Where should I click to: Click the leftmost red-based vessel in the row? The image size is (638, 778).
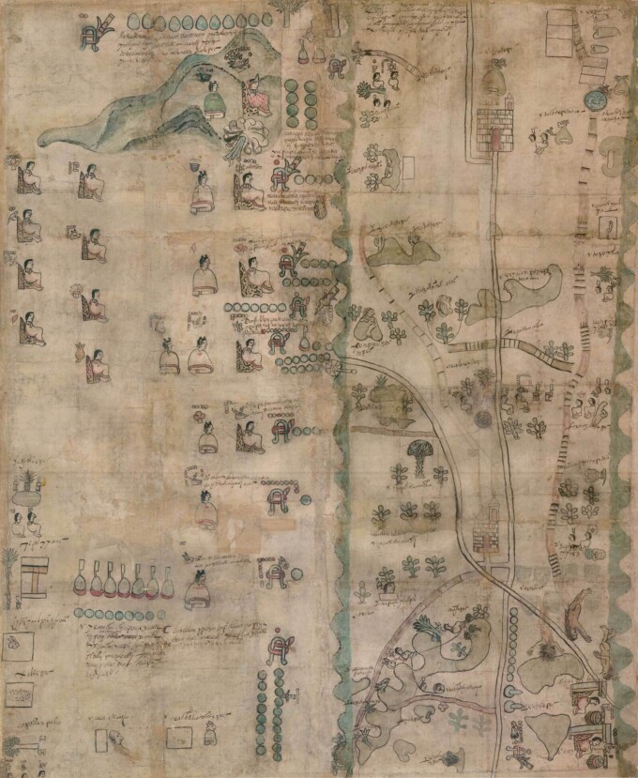pyautogui.click(x=82, y=583)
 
